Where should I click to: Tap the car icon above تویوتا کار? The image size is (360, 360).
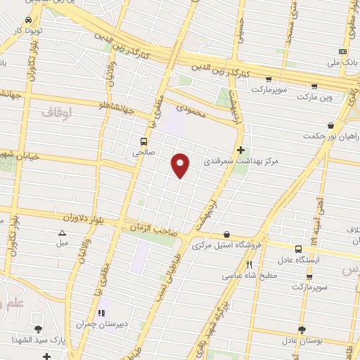click(27, 20)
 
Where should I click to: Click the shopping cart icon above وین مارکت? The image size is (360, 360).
click(314, 86)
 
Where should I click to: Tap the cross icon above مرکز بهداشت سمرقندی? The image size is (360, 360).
click(241, 150)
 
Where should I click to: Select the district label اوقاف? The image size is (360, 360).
click(56, 112)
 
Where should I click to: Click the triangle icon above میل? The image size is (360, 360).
click(62, 233)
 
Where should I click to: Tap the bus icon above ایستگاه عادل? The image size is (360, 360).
click(299, 249)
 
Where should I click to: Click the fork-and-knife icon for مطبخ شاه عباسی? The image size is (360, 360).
click(249, 264)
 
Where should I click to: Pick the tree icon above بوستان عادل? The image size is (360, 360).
click(302, 329)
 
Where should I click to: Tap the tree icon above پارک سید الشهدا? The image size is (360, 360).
click(37, 328)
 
